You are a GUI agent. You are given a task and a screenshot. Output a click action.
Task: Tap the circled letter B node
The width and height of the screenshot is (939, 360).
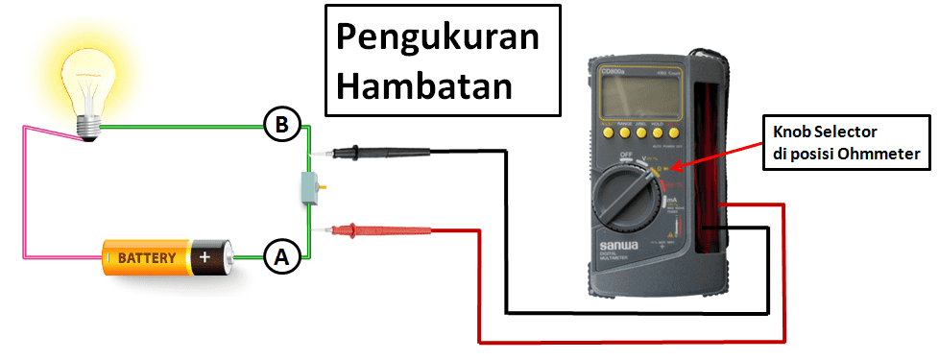pyautogui.click(x=280, y=125)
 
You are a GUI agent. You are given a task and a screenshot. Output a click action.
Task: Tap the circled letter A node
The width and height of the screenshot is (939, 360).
pyautogui.click(x=280, y=256)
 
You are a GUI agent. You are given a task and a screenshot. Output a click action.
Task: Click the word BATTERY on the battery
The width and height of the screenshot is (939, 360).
pyautogui.click(x=147, y=257)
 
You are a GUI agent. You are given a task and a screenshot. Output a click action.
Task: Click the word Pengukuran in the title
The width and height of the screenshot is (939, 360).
pyautogui.click(x=436, y=41)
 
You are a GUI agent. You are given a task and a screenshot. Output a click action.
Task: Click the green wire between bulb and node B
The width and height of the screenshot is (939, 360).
pyautogui.click(x=182, y=126)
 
